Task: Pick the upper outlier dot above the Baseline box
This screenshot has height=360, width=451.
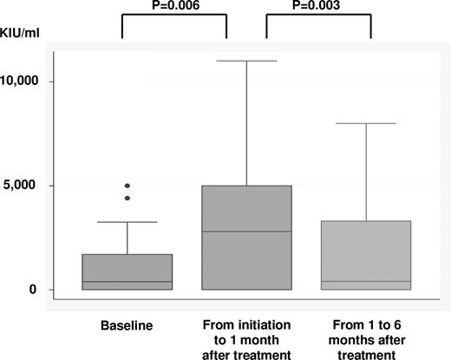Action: pyautogui.click(x=128, y=186)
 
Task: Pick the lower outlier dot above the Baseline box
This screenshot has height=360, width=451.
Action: pyautogui.click(x=128, y=198)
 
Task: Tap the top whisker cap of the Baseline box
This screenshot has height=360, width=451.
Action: pyautogui.click(x=128, y=222)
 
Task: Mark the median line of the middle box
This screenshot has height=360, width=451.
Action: pyautogui.click(x=246, y=232)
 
